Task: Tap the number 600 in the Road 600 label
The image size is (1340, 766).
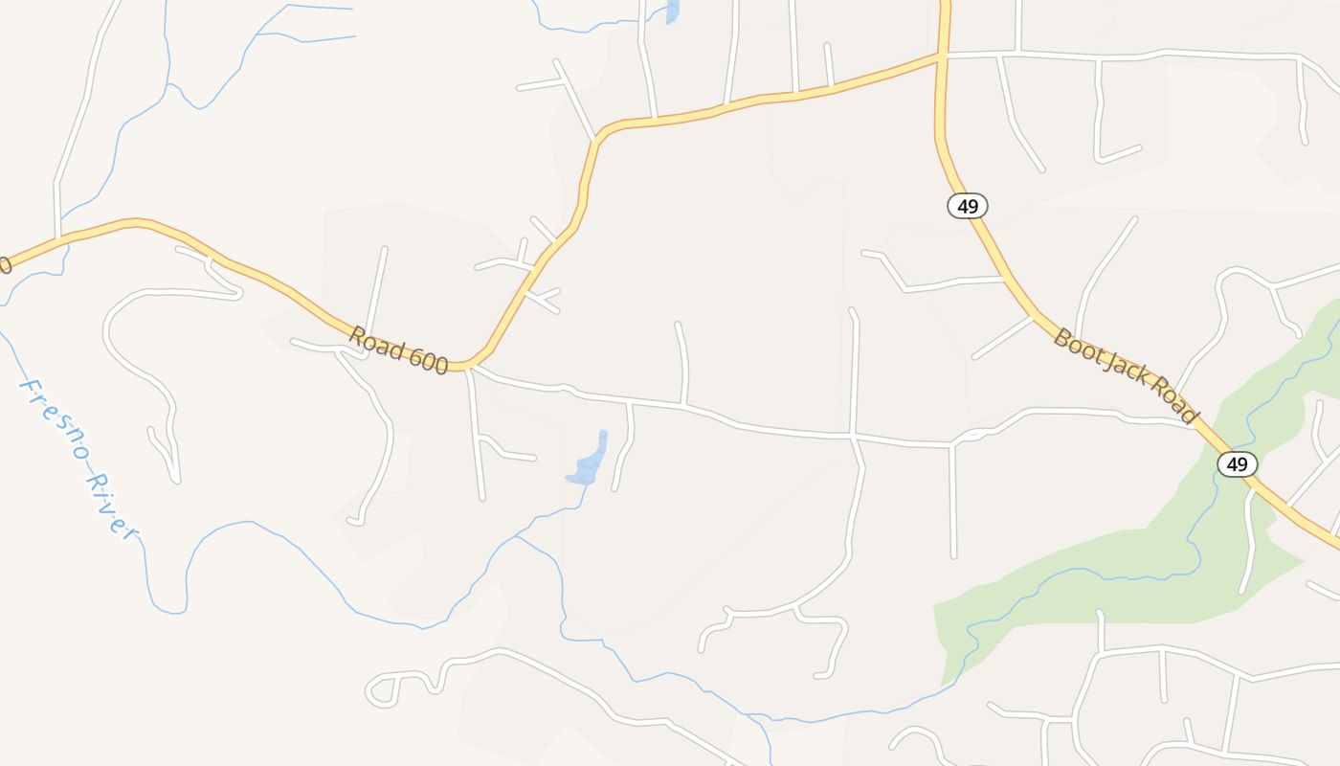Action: point(426,360)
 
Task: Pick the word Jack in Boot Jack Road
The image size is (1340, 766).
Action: point(1122,369)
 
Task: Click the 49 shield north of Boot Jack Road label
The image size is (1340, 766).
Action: point(968,206)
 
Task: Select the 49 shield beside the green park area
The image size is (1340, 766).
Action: point(1237,464)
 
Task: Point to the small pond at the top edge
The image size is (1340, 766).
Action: point(672,11)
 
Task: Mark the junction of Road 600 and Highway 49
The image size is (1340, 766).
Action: point(942,56)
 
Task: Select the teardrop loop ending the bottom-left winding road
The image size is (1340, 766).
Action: point(381,690)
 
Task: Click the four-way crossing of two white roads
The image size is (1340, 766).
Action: point(853,436)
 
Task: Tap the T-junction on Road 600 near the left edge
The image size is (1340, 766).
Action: point(58,237)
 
